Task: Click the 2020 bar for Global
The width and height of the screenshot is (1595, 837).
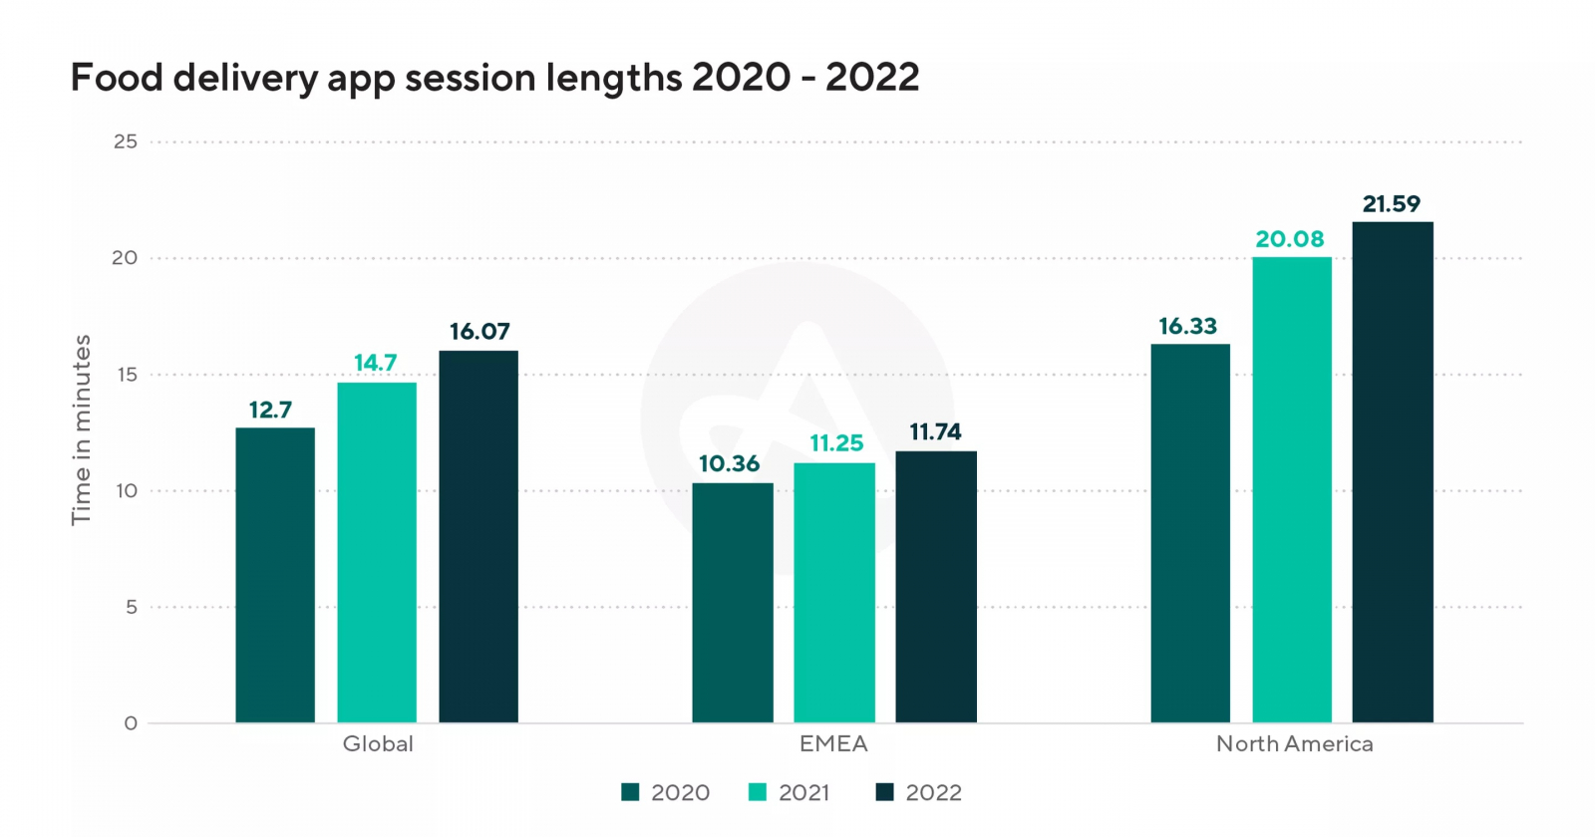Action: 275,575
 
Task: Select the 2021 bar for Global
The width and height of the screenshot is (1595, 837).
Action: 377,552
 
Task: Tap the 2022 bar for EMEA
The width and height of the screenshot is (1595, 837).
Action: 936,587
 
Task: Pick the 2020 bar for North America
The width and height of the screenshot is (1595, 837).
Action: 1190,533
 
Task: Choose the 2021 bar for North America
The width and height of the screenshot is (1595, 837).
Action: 1292,489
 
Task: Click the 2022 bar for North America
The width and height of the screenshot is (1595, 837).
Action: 1393,472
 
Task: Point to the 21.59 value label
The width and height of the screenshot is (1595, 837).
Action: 1392,204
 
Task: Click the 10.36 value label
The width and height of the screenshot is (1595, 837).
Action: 729,463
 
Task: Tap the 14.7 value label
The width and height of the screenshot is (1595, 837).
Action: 376,363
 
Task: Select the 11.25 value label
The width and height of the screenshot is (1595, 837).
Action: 836,443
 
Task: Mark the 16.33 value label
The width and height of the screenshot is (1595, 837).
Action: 1187,326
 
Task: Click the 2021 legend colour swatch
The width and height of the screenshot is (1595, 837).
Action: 758,792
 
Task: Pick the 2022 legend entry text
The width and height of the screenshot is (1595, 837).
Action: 933,793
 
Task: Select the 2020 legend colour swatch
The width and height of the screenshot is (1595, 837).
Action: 630,792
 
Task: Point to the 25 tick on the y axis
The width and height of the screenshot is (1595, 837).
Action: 126,141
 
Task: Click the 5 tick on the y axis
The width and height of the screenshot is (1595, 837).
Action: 132,607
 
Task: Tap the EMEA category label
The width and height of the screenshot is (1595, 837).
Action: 833,744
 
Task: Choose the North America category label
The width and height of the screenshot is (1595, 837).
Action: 1294,744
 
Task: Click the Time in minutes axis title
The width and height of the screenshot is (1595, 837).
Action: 82,429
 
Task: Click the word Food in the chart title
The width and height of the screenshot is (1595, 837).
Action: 117,78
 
